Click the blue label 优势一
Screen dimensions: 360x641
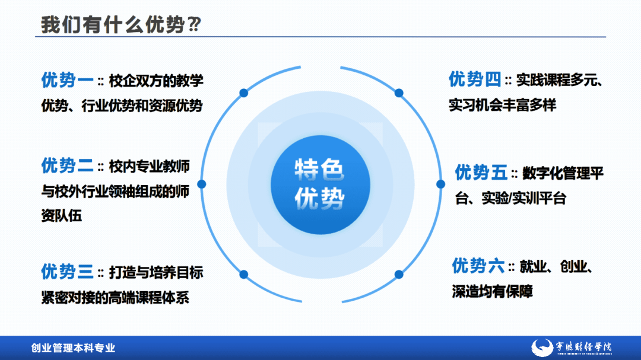pyautogui.click(x=67, y=80)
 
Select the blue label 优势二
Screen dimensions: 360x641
pyautogui.click(x=67, y=165)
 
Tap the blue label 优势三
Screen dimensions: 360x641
pyautogui.click(x=67, y=272)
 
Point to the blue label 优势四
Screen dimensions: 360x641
pyautogui.click(x=475, y=79)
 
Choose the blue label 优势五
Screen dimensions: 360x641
pyautogui.click(x=481, y=173)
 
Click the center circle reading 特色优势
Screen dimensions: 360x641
pyautogui.click(x=320, y=184)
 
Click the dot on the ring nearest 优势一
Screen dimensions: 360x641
pyautogui.click(x=243, y=93)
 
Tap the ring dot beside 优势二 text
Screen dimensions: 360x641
pyautogui.click(x=201, y=184)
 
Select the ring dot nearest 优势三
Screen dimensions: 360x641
pyautogui.click(x=243, y=274)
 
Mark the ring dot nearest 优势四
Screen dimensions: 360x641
pyautogui.click(x=399, y=93)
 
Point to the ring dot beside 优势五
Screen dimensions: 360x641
pyautogui.click(x=440, y=184)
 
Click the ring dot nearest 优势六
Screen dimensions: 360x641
pyautogui.click(x=399, y=274)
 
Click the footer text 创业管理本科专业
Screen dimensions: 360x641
pyautogui.click(x=73, y=348)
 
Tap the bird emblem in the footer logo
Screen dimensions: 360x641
pyautogui.click(x=541, y=348)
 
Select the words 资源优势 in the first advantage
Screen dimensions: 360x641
pyautogui.click(x=180, y=106)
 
